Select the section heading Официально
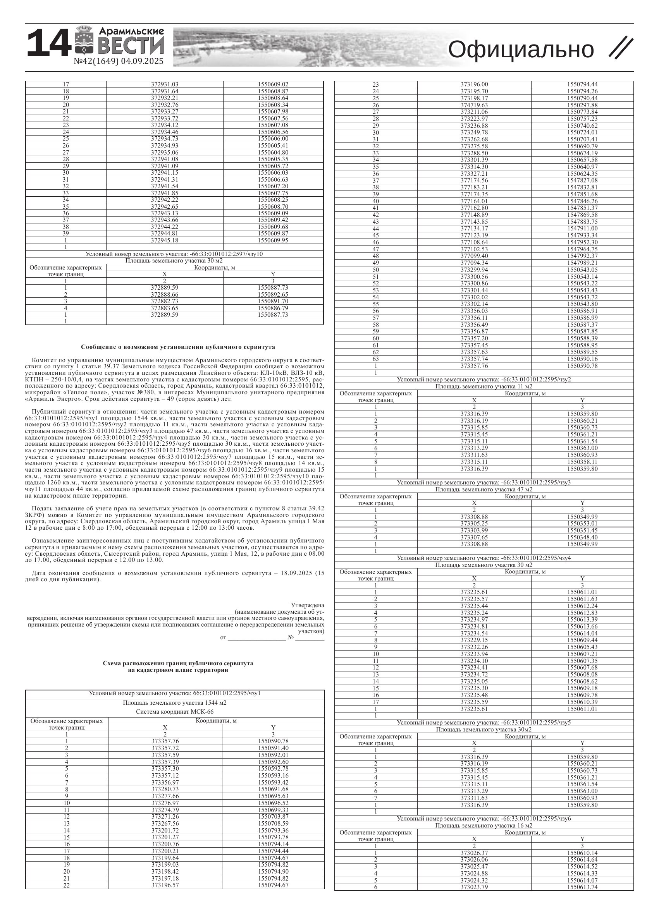click(x=521, y=50)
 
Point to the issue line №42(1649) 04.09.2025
click(x=119, y=61)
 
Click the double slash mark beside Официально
click(x=621, y=48)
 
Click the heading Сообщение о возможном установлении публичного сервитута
click(x=178, y=347)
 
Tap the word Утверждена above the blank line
click(x=307, y=605)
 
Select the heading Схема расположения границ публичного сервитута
click(x=178, y=663)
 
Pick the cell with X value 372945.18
click(x=165, y=240)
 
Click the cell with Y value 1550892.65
click(x=273, y=295)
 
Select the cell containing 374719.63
click(x=474, y=105)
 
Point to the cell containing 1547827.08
click(x=582, y=180)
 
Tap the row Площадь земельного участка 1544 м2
click(x=175, y=703)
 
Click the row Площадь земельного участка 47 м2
click(x=483, y=489)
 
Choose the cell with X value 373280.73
click(x=165, y=789)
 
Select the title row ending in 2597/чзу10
click(x=174, y=254)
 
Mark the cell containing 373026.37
click(x=474, y=853)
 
